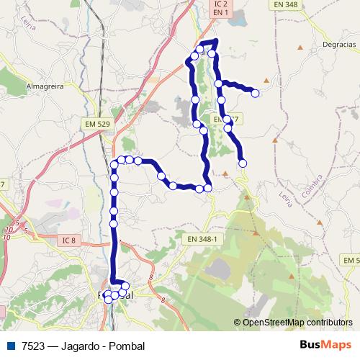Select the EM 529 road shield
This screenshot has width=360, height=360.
tap(96, 125)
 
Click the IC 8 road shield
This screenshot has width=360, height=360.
tap(69, 240)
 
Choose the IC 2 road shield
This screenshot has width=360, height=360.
tap(220, 4)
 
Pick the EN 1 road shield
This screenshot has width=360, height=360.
tap(220, 13)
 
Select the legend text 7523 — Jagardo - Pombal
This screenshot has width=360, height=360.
tap(83, 346)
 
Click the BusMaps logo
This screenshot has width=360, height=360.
tap(325, 346)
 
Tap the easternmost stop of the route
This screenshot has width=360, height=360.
tap(255, 92)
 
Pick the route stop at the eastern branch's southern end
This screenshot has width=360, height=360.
tap(243, 163)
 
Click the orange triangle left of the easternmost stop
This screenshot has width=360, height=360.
tap(266, 79)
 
